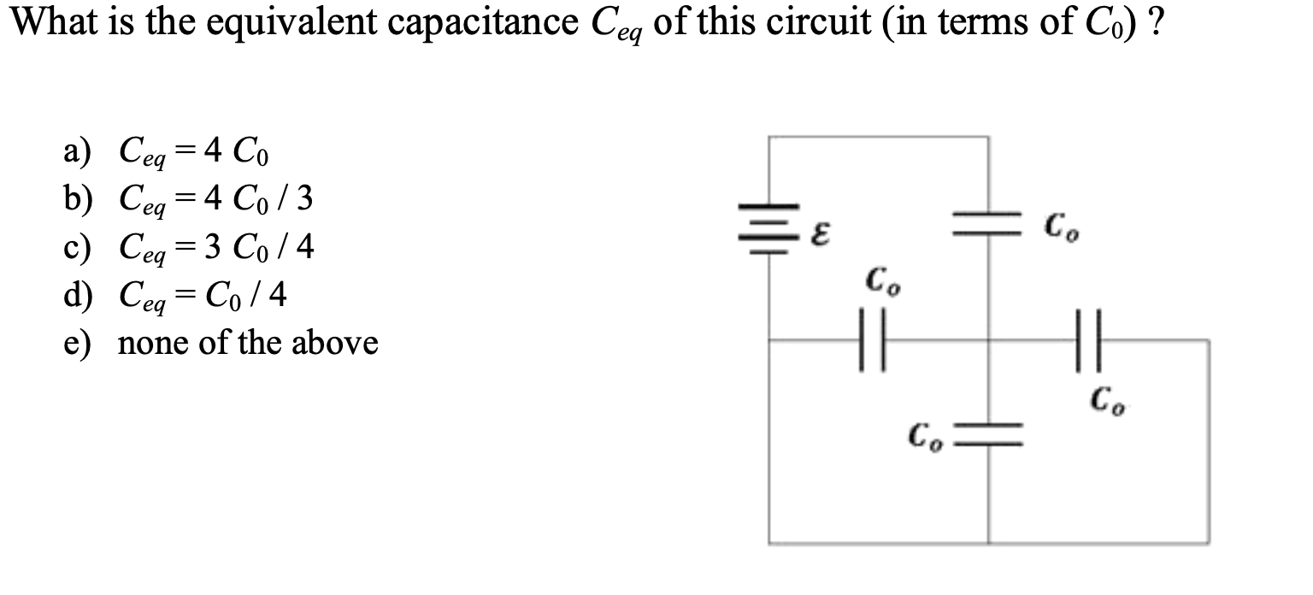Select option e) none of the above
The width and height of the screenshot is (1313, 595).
click(221, 344)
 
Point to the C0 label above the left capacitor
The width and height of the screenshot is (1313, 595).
click(880, 280)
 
